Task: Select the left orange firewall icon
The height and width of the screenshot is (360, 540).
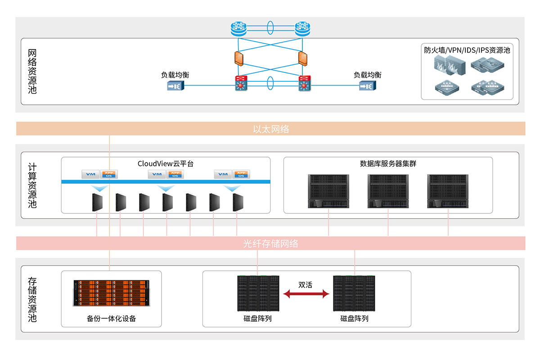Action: click(x=238, y=58)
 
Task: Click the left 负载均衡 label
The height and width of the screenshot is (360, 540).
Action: click(x=175, y=75)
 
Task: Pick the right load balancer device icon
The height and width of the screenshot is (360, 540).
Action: click(x=365, y=86)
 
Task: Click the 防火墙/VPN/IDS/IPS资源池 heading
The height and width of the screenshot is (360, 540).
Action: click(x=467, y=50)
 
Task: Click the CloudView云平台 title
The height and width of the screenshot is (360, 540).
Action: click(x=166, y=163)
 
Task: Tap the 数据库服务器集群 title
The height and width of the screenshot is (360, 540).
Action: click(x=388, y=163)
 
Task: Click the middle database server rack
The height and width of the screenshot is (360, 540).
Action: click(x=388, y=191)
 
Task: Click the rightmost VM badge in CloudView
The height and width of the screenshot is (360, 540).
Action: click(x=223, y=174)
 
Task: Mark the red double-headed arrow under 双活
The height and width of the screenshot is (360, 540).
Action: click(x=306, y=294)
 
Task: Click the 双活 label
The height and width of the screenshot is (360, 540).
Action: click(x=305, y=285)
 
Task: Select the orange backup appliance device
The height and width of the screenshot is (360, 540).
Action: click(x=110, y=293)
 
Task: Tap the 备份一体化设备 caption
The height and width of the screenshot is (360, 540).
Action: click(x=111, y=319)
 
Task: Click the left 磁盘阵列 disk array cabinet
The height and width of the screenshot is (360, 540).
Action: click(x=258, y=293)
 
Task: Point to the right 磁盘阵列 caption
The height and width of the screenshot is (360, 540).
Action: click(x=354, y=319)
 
